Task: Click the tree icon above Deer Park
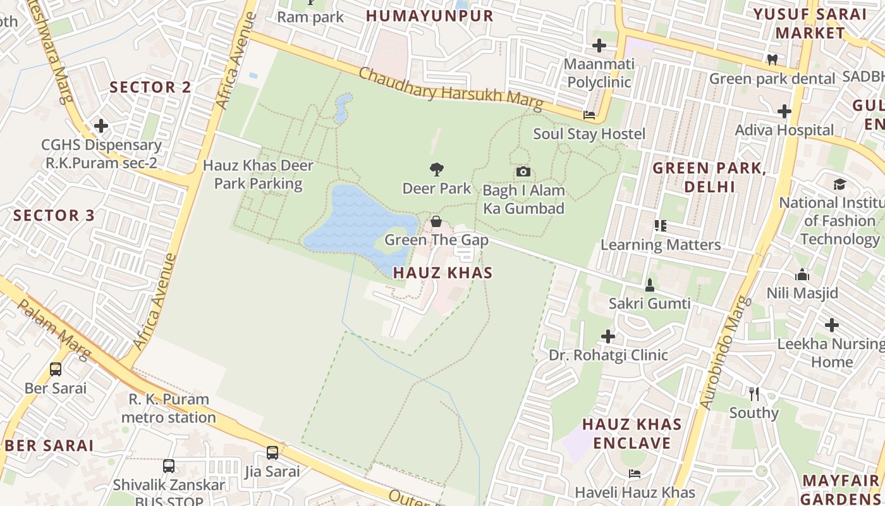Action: (x=436, y=169)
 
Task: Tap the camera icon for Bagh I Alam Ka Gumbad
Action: (x=523, y=171)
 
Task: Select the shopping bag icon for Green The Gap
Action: (x=436, y=221)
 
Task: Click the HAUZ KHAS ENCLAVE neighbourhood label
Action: (x=632, y=433)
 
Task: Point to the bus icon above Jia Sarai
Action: (x=272, y=453)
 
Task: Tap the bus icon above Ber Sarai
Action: (x=56, y=369)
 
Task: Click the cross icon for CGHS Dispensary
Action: (x=101, y=126)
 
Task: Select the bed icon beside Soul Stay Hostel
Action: (x=589, y=115)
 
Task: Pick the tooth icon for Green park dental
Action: (x=772, y=59)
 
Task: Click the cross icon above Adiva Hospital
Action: (x=784, y=111)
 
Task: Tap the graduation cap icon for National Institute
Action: (x=839, y=184)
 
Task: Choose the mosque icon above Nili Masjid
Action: (x=802, y=275)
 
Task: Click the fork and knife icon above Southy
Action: (x=754, y=394)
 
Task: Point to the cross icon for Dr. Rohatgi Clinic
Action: (x=608, y=336)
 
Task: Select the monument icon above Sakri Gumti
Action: (x=649, y=285)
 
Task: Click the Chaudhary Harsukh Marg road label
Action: (x=451, y=89)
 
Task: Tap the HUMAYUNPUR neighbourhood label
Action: (x=430, y=16)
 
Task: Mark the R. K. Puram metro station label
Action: (x=169, y=408)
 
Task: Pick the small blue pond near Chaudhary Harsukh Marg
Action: (x=343, y=107)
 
